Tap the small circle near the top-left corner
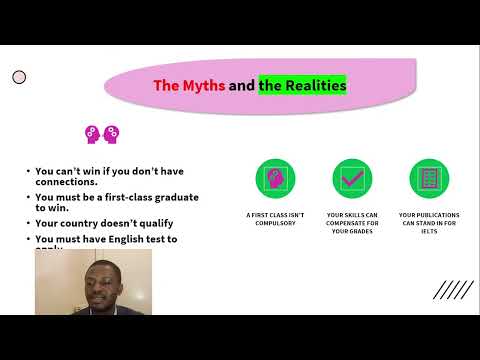pos(19,77)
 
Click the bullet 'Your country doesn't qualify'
pos(95,224)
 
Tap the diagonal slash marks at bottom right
pos(453,290)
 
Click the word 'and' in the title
pos(241,86)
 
